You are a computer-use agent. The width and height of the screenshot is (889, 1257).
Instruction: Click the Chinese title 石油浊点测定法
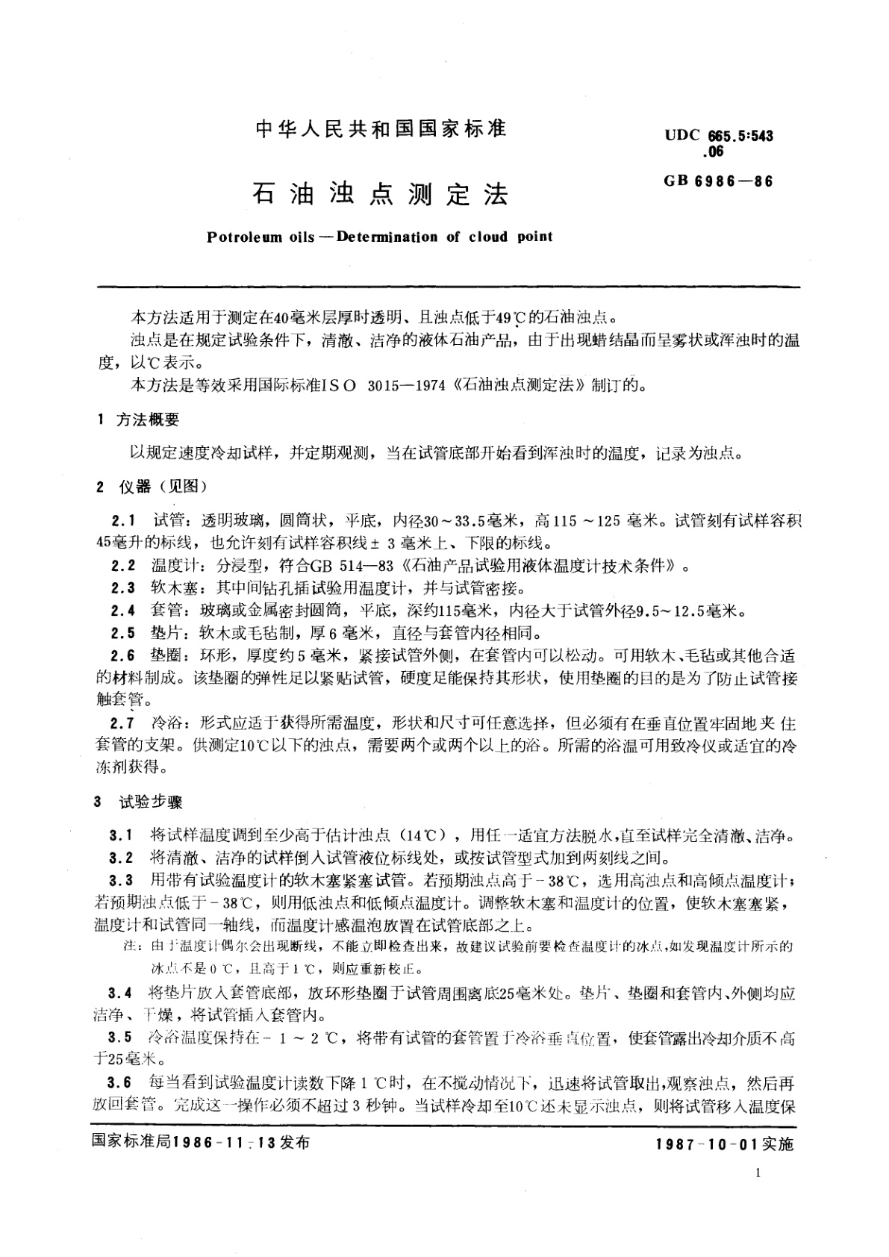[381, 193]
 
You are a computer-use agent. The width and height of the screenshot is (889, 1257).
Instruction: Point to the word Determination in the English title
[387, 237]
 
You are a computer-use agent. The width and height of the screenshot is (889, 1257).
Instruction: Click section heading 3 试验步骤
[139, 803]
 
